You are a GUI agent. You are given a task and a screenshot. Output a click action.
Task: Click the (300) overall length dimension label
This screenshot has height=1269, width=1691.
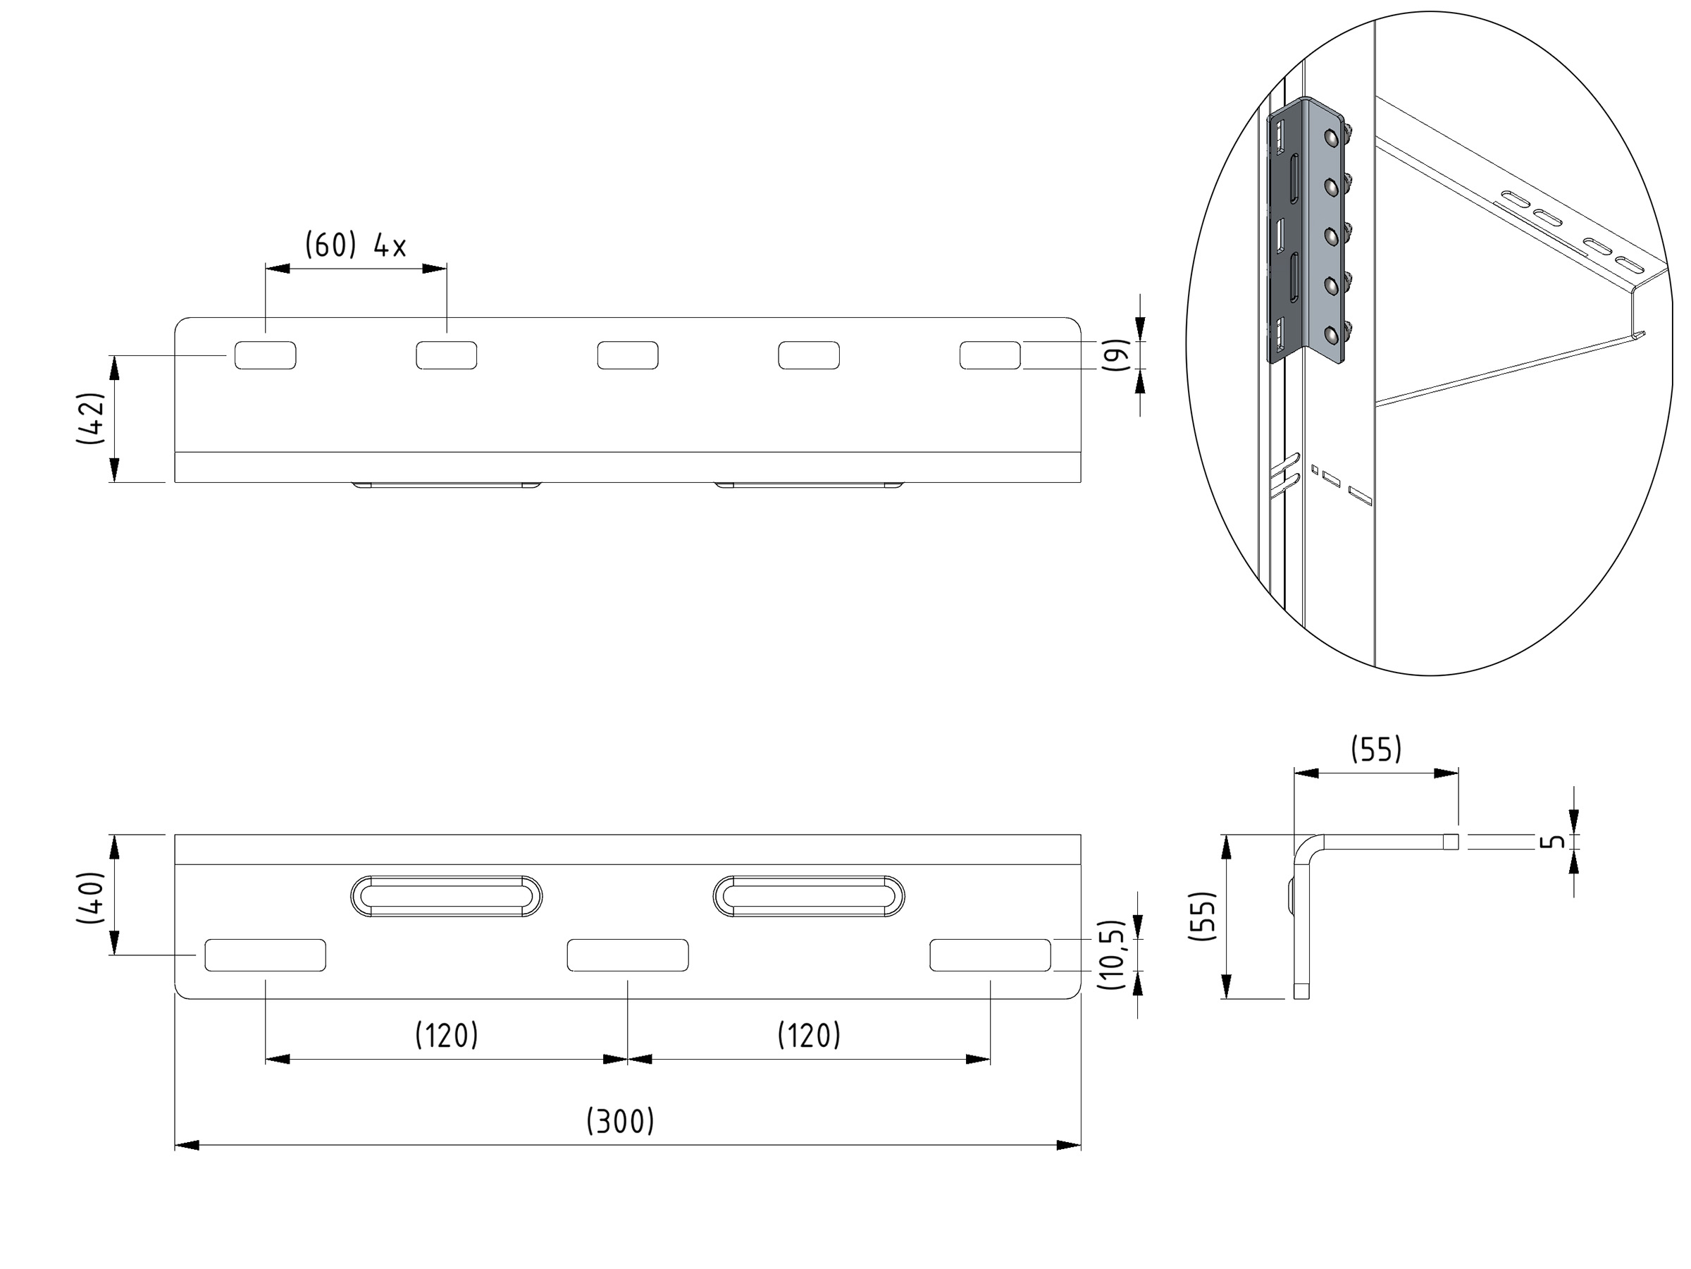click(x=620, y=1122)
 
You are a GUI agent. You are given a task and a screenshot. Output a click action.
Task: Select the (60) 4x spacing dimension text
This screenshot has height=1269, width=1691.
click(x=356, y=245)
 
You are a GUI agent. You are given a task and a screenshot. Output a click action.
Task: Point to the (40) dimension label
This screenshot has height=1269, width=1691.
click(x=91, y=897)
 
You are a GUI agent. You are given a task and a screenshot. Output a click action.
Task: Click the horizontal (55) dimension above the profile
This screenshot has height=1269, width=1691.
click(x=1376, y=749)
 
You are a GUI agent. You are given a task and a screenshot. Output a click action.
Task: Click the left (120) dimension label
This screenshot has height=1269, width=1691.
click(x=447, y=1036)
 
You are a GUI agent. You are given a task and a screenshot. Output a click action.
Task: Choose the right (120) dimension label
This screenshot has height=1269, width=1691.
click(x=809, y=1036)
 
